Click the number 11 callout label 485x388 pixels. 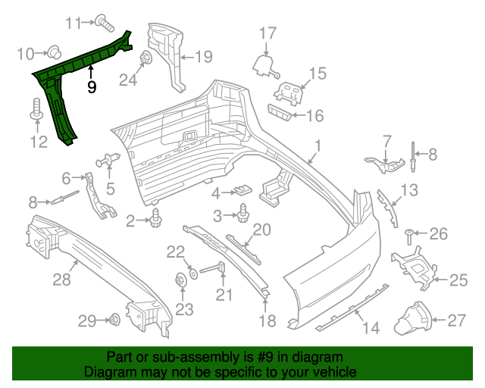72,23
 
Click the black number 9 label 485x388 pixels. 92,87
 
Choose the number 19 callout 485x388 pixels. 203,55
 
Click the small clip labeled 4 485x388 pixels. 242,189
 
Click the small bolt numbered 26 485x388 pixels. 410,235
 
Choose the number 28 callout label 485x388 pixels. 61,280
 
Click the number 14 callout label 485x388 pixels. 371,328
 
